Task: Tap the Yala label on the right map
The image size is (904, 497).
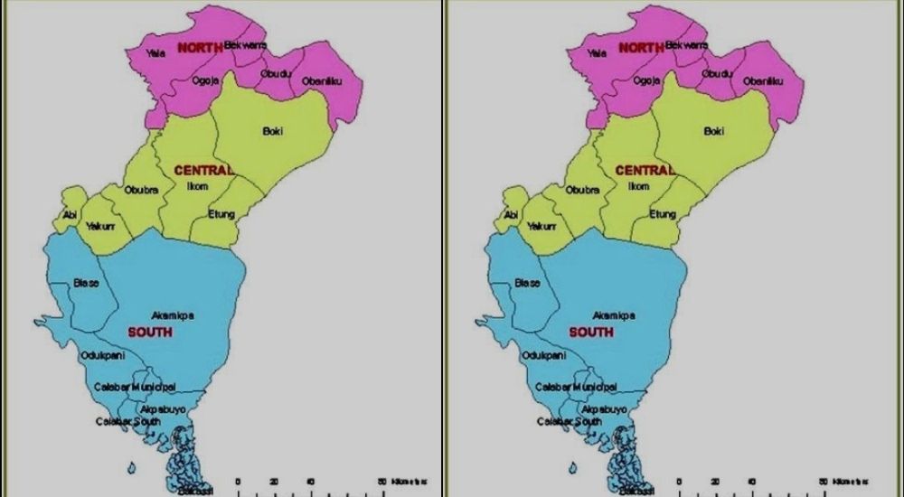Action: pyautogui.click(x=597, y=53)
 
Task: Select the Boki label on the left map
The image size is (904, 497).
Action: pyautogui.click(x=272, y=131)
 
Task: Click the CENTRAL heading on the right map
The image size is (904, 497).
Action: pyautogui.click(x=645, y=170)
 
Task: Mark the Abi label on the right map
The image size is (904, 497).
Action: pyautogui.click(x=511, y=215)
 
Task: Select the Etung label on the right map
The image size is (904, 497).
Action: pyautogui.click(x=662, y=214)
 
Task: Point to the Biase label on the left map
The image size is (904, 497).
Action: pyautogui.click(x=86, y=283)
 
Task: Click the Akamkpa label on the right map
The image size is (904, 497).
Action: pyautogui.click(x=615, y=315)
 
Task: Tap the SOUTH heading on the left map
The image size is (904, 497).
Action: pyautogui.click(x=150, y=333)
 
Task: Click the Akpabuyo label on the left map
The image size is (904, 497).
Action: pyautogui.click(x=163, y=409)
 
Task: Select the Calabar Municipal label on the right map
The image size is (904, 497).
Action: pyautogui.click(x=575, y=387)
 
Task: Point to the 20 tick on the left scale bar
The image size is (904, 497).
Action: pyautogui.click(x=274, y=481)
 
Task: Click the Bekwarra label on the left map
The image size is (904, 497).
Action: pyautogui.click(x=245, y=44)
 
